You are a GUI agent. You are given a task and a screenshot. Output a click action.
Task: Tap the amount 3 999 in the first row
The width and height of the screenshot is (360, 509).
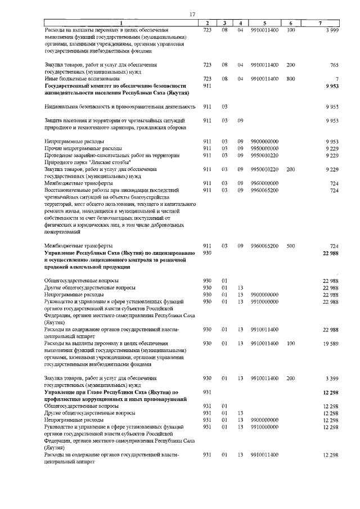[x=332, y=29]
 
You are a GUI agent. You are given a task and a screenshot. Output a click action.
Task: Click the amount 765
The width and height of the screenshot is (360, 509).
[x=334, y=65]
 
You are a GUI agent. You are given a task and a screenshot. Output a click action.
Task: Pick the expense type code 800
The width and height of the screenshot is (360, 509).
[x=290, y=79]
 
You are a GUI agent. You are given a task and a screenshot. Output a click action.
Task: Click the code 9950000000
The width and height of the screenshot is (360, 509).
[x=264, y=148]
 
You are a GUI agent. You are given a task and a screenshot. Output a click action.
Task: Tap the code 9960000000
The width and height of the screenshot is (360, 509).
[x=264, y=183]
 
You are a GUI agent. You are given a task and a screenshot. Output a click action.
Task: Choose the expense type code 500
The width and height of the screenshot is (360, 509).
[x=290, y=246]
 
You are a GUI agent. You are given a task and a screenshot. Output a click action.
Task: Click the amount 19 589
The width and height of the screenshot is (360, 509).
[x=330, y=343]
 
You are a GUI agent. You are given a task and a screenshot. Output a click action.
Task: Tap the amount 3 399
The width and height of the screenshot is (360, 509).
[x=331, y=379]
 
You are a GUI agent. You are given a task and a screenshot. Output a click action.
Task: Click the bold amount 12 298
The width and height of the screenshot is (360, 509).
[x=330, y=392]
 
